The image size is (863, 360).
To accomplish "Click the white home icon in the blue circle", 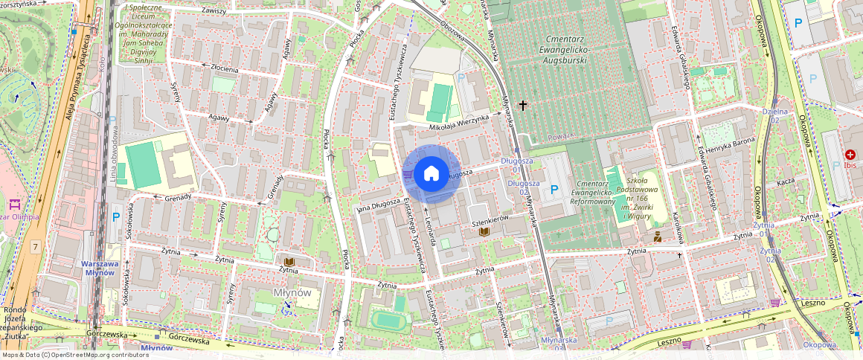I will (x=431, y=174).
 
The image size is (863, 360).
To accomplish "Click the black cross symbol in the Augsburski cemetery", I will (x=523, y=106).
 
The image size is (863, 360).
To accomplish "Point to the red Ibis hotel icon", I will (x=850, y=154).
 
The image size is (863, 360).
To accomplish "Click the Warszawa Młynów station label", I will (x=98, y=268).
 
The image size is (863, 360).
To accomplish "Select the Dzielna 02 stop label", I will (x=774, y=115).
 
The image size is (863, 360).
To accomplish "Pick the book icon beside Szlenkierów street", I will (x=484, y=232).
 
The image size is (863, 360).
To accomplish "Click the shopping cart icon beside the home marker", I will (x=407, y=174).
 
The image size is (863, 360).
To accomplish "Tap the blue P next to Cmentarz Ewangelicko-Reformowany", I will (x=554, y=190).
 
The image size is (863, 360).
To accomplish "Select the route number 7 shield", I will (x=35, y=245).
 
